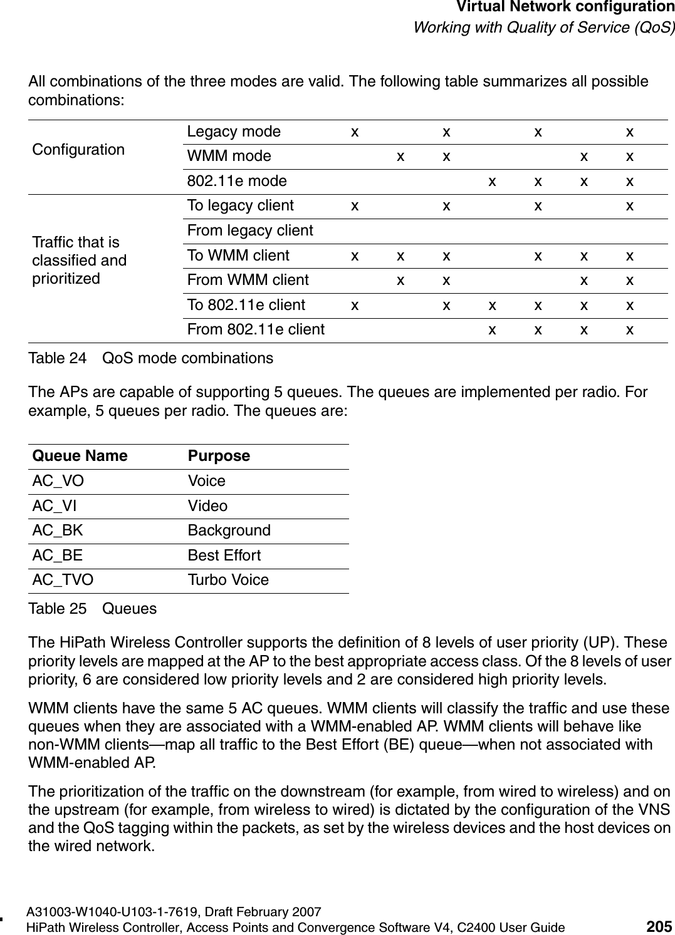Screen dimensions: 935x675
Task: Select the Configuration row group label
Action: point(78,150)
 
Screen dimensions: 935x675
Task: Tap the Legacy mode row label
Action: point(234,132)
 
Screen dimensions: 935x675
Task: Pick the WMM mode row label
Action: point(229,156)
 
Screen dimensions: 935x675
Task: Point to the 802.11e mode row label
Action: point(237,181)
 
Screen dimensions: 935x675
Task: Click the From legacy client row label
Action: point(250,230)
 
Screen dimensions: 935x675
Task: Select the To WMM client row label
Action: point(238,256)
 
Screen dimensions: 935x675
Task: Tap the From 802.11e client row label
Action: point(256,329)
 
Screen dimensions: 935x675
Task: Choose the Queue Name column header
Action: point(80,456)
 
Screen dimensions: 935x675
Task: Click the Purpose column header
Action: point(219,456)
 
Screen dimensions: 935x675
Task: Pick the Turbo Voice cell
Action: point(228,580)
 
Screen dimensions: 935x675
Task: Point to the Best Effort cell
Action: point(224,555)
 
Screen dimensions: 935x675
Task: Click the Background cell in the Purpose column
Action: point(229,530)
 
